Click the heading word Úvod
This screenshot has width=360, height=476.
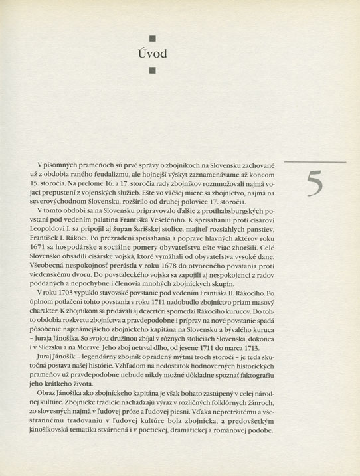151,53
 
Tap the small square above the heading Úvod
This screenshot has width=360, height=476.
151,37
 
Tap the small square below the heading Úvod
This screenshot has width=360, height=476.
151,69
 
